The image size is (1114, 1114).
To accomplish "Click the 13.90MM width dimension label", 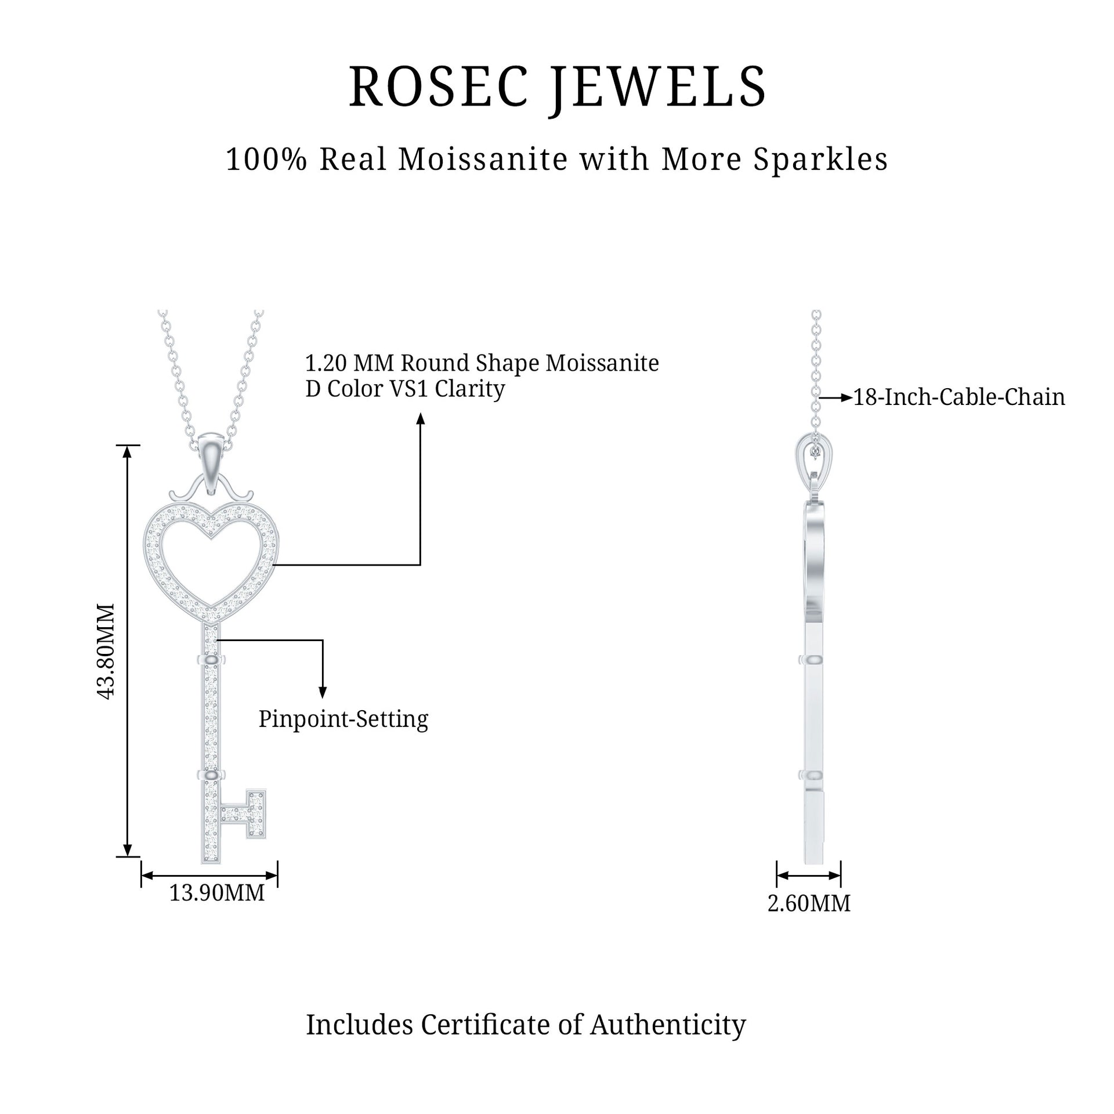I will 216,893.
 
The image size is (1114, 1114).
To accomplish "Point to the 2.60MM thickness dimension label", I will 809,903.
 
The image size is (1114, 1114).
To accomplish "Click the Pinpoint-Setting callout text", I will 343,719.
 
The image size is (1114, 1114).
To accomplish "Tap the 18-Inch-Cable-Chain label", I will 959,397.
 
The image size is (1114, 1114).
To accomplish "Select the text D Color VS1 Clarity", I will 405,389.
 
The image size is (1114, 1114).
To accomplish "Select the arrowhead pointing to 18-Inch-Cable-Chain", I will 847,398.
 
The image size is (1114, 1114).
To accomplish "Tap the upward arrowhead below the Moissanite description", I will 421,419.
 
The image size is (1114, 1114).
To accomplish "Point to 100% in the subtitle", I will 266,160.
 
